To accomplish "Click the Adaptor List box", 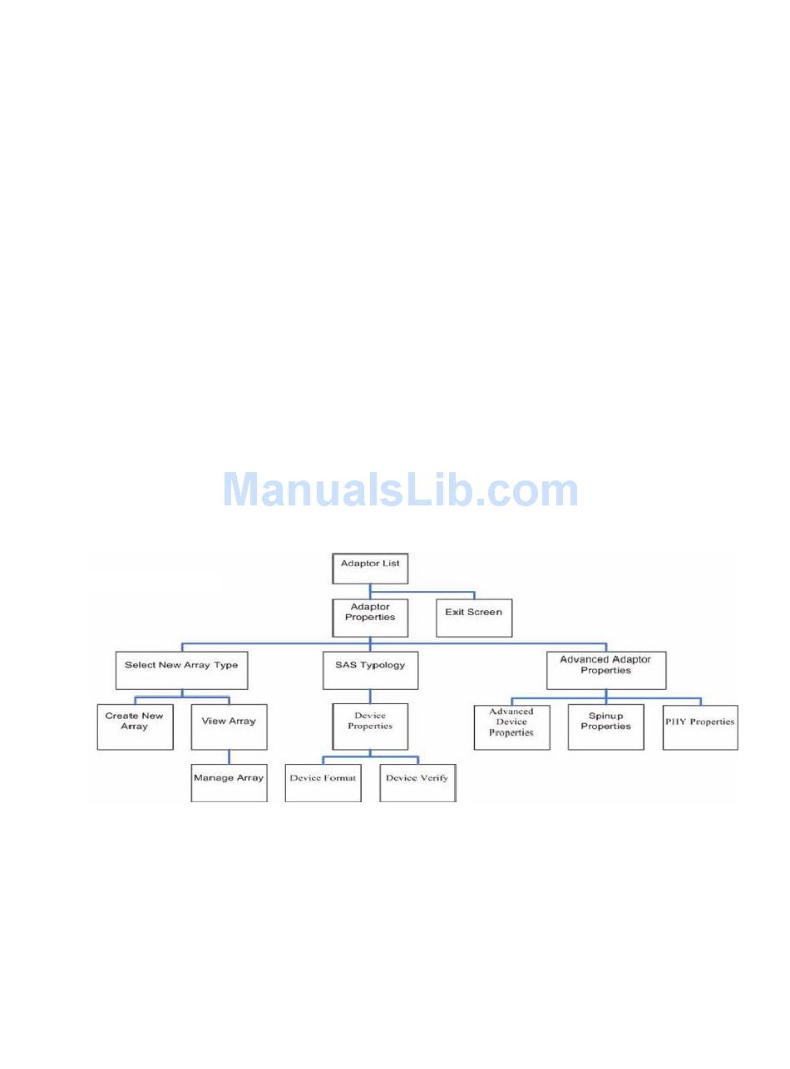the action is pyautogui.click(x=370, y=568).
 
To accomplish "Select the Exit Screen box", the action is pyautogui.click(x=473, y=618).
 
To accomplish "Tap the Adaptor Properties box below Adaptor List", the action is pyautogui.click(x=370, y=618).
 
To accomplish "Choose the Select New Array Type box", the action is pyautogui.click(x=181, y=670).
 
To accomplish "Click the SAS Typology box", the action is pyautogui.click(x=370, y=670).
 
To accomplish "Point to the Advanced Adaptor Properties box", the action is pyautogui.click(x=605, y=670).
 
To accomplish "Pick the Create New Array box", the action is pyautogui.click(x=135, y=727).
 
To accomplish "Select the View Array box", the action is pyautogui.click(x=229, y=727).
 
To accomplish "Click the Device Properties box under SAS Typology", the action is pyautogui.click(x=370, y=727).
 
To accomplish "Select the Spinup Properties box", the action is pyautogui.click(x=605, y=727).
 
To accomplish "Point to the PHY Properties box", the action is pyautogui.click(x=700, y=727).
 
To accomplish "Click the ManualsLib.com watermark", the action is pyautogui.click(x=400, y=490).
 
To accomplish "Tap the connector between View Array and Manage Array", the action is pyautogui.click(x=229, y=757).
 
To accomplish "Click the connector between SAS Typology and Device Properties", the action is pyautogui.click(x=370, y=697).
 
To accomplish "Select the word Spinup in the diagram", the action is pyautogui.click(x=605, y=716).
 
